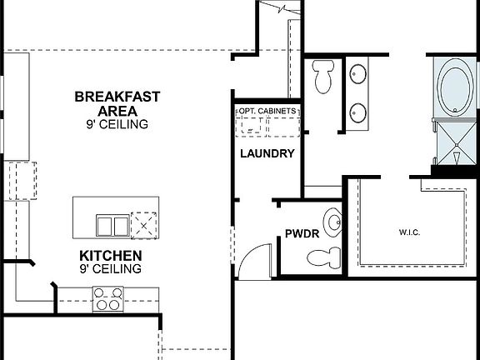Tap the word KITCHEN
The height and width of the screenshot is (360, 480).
coord(111,256)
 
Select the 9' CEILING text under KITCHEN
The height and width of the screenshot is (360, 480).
coord(111,269)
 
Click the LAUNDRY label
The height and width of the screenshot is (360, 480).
coord(267,153)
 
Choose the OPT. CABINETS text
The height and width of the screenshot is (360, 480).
coord(267,111)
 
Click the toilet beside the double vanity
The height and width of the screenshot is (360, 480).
coord(323,77)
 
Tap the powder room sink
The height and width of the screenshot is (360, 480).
coord(334,222)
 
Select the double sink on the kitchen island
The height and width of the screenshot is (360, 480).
coord(111,223)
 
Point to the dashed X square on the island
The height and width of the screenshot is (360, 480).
coord(147,222)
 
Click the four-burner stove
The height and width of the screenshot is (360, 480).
coord(108,297)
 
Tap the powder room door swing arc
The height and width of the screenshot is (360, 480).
coord(253,258)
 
